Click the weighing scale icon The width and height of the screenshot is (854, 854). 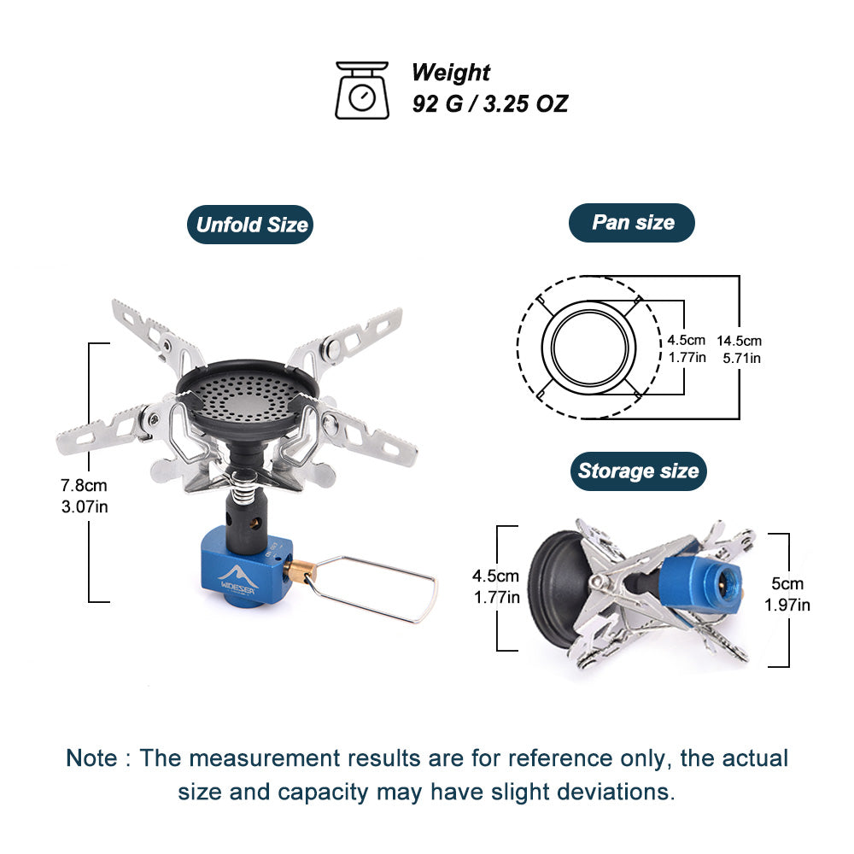(x=362, y=90)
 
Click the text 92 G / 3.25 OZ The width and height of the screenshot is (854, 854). (x=489, y=104)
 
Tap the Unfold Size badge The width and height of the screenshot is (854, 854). (x=251, y=225)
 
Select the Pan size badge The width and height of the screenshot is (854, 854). (x=632, y=223)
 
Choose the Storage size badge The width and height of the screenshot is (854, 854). (x=638, y=471)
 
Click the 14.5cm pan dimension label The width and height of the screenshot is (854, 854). (x=740, y=341)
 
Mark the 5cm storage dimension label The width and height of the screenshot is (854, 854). (x=787, y=585)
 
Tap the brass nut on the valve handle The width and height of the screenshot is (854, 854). (x=299, y=570)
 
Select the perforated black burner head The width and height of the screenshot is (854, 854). (x=248, y=393)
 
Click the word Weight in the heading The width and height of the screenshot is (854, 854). (x=451, y=73)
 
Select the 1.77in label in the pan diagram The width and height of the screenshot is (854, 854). (x=687, y=357)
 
